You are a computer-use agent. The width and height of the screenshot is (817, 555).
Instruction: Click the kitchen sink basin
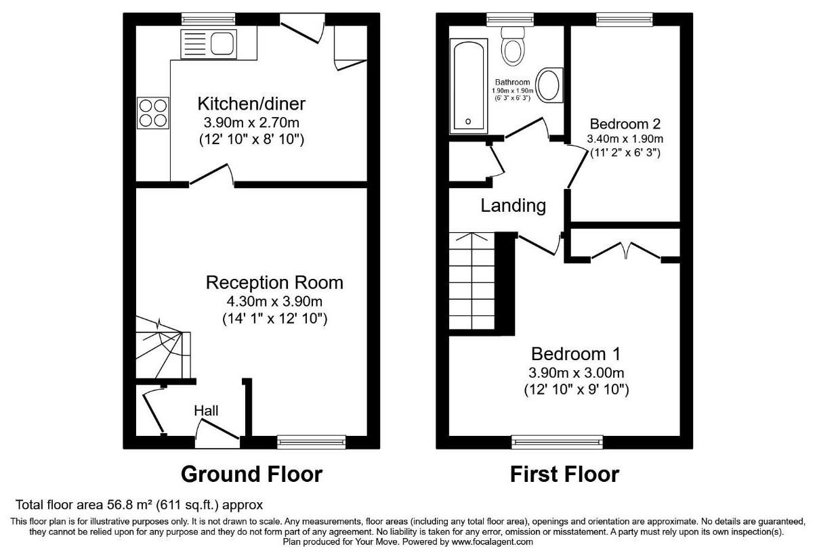tap(222, 44)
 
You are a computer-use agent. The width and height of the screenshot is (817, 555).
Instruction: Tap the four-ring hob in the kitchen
tap(153, 112)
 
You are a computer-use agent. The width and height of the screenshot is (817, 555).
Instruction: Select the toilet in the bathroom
tap(513, 46)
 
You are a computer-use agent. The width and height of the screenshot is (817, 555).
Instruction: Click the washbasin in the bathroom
tap(549, 85)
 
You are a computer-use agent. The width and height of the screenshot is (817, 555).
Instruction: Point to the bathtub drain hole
tap(468, 121)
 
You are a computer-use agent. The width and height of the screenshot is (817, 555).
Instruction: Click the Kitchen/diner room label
tap(251, 104)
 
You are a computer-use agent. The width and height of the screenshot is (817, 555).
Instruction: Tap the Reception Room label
tap(274, 282)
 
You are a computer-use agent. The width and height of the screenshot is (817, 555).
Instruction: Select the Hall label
tap(206, 411)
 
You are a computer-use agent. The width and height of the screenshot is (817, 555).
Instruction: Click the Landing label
tap(514, 206)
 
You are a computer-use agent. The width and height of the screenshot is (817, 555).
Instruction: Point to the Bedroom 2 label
tap(625, 125)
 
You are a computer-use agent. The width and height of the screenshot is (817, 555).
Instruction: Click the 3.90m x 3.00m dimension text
tap(577, 372)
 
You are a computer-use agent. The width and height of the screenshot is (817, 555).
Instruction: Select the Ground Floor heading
tap(251, 474)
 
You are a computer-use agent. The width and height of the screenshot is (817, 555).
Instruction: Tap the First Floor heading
tap(564, 474)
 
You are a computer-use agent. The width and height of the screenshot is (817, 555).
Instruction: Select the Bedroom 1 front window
tap(557, 442)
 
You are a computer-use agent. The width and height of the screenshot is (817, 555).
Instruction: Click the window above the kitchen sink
tap(209, 20)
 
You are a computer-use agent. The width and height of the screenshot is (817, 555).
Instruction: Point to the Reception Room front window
tap(311, 442)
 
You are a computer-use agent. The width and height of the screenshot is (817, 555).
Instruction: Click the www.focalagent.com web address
tap(492, 542)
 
